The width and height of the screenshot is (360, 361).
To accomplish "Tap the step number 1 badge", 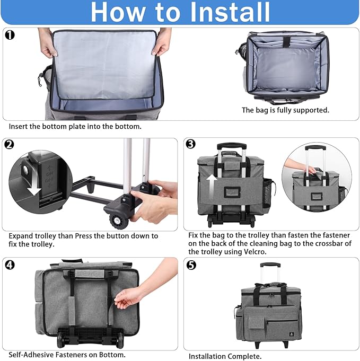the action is [x=10, y=35].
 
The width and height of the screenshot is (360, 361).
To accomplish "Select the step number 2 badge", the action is [x=9, y=145].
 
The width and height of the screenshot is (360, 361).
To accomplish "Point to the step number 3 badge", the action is [x=191, y=144].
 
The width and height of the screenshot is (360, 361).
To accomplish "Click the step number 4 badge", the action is [x=10, y=265].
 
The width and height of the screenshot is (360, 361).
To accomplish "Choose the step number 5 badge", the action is [x=191, y=265].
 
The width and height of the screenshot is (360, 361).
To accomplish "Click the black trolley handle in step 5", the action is [x=270, y=265].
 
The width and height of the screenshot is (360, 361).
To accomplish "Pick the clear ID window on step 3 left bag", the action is [x=232, y=192].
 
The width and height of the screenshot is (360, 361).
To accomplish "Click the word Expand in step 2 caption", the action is [x=21, y=236].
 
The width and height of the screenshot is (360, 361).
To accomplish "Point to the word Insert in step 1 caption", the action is [x=18, y=126].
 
